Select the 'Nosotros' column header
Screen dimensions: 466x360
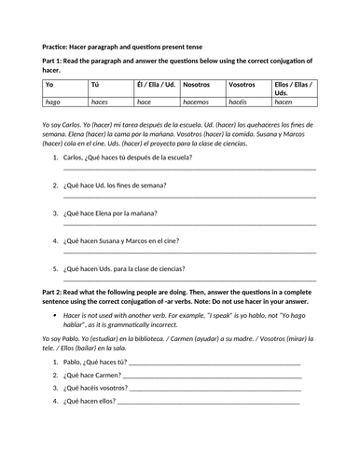pos(198,84)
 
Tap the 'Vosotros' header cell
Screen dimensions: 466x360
pos(243,84)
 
